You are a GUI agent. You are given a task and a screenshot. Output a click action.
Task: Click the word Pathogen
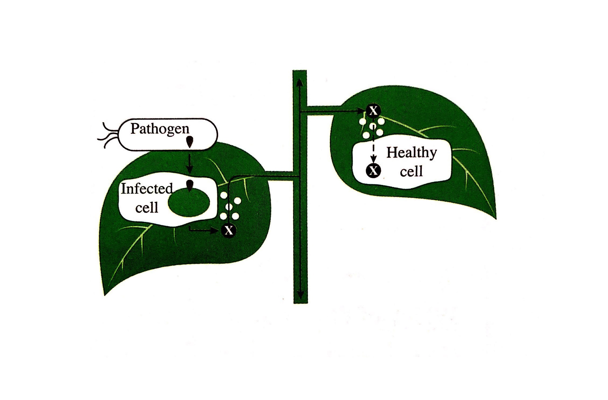(160, 129)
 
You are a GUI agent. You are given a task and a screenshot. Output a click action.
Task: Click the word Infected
(147, 188)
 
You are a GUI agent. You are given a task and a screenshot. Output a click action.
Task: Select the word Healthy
(411, 153)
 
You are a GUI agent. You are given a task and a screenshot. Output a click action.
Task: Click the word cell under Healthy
(411, 171)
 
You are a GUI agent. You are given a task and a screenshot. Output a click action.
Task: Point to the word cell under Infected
(146, 208)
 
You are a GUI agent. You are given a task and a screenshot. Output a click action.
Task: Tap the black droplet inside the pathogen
(190, 142)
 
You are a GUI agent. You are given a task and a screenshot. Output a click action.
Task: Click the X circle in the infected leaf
(229, 230)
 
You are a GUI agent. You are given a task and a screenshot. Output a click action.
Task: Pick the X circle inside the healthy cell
(373, 170)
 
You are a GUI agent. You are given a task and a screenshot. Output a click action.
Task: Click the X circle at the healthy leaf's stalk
(373, 110)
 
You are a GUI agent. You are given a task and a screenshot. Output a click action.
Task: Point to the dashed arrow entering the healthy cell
(373, 147)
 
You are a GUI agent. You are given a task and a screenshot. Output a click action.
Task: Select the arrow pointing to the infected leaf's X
(204, 230)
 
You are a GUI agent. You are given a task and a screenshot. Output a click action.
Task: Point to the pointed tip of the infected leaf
(105, 295)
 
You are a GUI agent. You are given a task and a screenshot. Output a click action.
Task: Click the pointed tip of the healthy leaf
(495, 218)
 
